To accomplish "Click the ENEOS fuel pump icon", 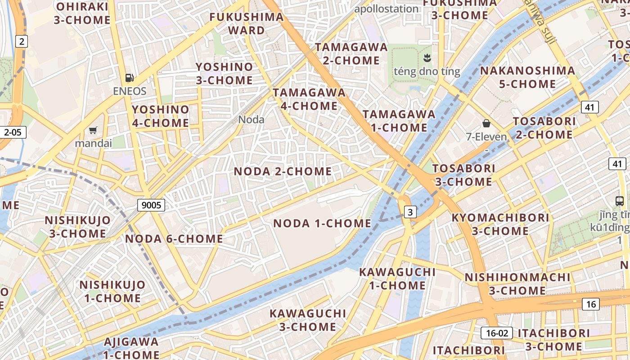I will point(130,78).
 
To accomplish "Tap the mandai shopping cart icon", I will point(93,130).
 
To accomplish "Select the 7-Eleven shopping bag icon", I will point(486,123).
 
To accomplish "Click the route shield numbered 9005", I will point(151,205).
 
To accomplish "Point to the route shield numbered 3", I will point(410,211).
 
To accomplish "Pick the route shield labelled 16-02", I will point(497,333).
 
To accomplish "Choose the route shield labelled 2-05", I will point(13,132).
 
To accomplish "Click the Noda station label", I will point(251,120).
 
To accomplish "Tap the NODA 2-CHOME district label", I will point(283,171).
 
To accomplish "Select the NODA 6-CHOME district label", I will point(174,239).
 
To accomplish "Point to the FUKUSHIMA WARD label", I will point(247,24).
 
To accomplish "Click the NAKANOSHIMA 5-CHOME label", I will point(527,77).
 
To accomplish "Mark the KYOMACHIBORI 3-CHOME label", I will point(500,224).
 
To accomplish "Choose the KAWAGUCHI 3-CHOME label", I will point(308,319).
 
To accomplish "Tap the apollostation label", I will point(387,9).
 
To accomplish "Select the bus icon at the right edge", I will point(620,201).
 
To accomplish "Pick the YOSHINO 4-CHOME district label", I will point(161,116).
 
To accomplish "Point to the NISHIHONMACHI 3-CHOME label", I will point(517,283).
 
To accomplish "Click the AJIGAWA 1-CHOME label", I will point(131,348).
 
